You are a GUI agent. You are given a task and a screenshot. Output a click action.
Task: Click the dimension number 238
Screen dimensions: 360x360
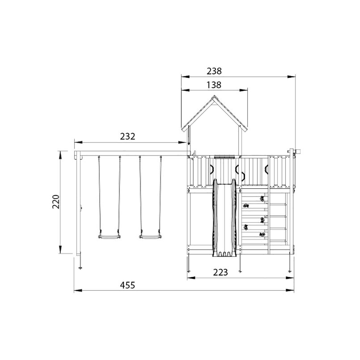[x=214, y=71]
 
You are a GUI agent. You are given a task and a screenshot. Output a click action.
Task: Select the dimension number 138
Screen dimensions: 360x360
[x=214, y=85]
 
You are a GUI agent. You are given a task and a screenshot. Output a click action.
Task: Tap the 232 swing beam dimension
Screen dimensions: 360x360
[x=128, y=136]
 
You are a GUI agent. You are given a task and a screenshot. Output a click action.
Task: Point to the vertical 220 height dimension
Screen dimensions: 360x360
[x=56, y=202]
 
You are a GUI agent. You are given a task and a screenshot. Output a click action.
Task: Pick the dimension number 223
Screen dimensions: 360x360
[x=220, y=272]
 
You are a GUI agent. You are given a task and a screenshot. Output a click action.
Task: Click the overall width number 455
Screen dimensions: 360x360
[x=128, y=285]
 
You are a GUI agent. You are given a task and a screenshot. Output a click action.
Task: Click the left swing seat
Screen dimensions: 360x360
[x=109, y=237]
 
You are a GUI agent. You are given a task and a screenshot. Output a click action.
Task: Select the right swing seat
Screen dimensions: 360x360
[x=150, y=237]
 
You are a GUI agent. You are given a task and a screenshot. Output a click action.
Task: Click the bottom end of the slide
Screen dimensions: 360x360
[x=224, y=255]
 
